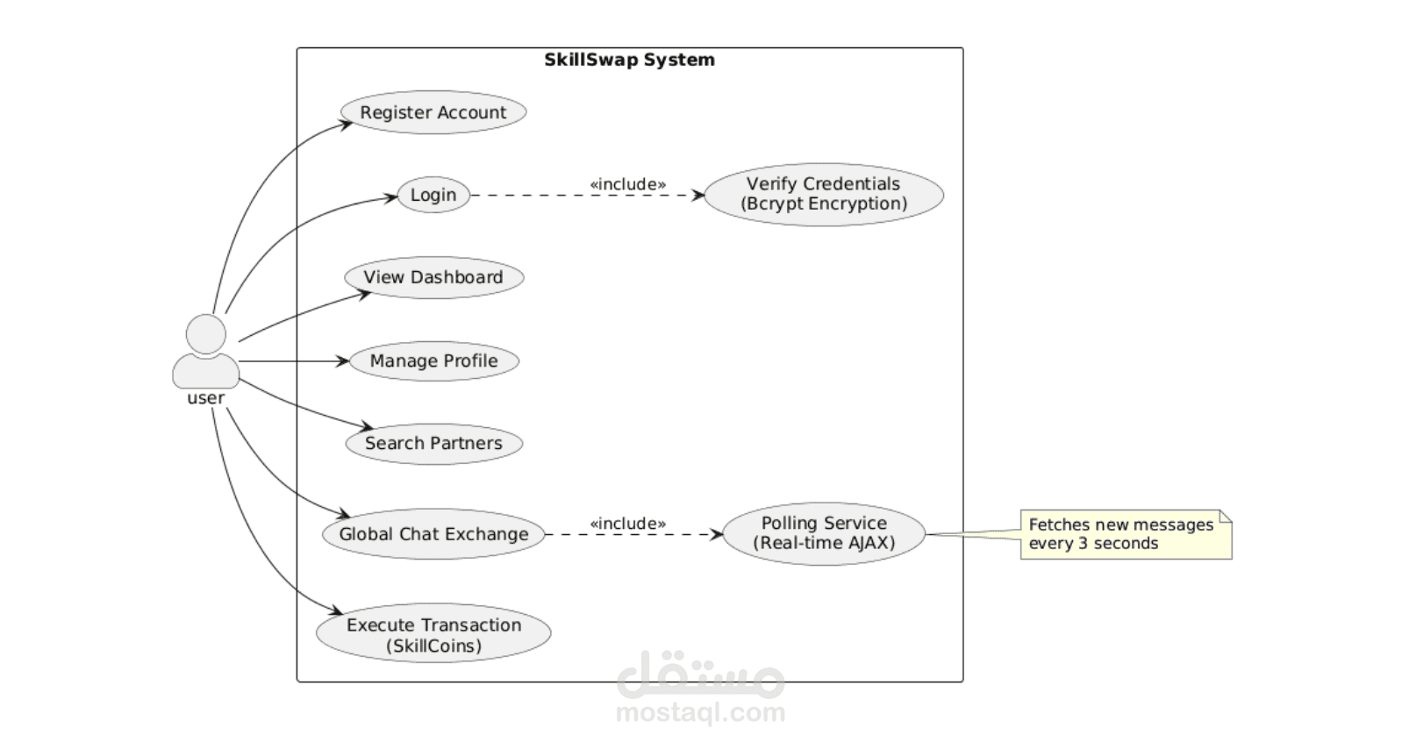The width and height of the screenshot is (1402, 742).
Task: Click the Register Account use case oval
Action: point(433,113)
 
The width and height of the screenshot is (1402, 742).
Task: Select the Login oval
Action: point(433,195)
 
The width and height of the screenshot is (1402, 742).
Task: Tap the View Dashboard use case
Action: point(433,277)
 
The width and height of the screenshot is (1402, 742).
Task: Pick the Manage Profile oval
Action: point(433,360)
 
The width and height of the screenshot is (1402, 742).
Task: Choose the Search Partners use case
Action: point(433,443)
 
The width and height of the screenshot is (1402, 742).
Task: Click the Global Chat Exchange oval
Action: point(433,534)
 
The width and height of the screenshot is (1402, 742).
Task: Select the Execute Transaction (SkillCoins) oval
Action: point(433,635)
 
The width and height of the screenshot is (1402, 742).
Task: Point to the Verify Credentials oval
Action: point(823,194)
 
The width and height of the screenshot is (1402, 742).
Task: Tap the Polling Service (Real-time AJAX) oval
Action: point(823,533)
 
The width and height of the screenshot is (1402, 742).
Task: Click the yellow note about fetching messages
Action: point(1126,534)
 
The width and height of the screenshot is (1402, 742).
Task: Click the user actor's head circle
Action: point(206,334)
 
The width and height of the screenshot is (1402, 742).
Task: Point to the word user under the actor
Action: point(206,398)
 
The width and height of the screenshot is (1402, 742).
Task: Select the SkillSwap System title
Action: point(629,60)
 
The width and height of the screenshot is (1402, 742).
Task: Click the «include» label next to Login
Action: point(627,184)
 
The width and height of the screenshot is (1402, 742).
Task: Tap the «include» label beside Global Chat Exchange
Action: point(627,524)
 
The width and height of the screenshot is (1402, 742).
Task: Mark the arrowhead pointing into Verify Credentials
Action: point(698,195)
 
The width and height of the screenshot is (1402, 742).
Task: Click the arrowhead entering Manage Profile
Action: point(343,360)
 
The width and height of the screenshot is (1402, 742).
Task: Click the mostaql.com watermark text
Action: point(700,712)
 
